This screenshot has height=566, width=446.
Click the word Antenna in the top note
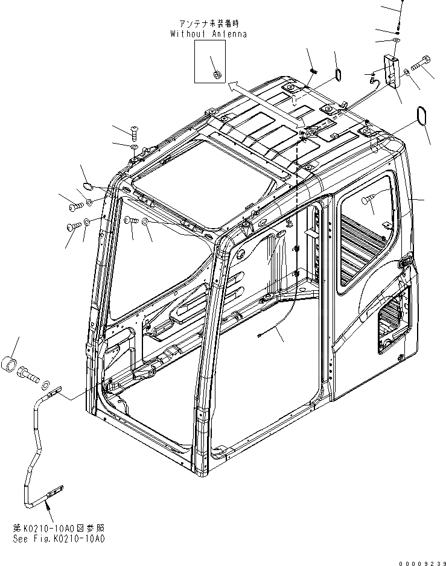[x=229, y=34]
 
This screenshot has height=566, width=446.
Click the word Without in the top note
[x=188, y=34]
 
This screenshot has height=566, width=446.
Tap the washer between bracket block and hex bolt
[x=409, y=72]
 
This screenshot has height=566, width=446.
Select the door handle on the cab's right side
[x=406, y=261]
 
